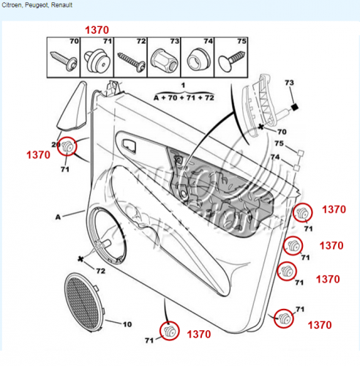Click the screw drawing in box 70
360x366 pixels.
click(64, 61)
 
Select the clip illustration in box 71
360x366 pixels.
click(97, 61)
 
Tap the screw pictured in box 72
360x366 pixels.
click(131, 62)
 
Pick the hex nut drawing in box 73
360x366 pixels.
click(164, 61)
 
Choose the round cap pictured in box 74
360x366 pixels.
click(198, 61)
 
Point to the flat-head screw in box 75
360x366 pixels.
click(231, 61)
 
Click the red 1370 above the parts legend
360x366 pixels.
click(97, 30)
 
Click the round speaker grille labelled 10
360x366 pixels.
click(83, 302)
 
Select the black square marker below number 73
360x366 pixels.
click(295, 107)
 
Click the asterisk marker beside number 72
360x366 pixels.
click(80, 259)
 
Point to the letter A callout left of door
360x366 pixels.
click(58, 217)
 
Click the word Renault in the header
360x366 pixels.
click(61, 5)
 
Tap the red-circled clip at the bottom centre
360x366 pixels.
click(169, 331)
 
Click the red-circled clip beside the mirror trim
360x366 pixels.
click(67, 146)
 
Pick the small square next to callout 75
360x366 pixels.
click(301, 153)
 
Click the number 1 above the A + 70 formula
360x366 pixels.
click(183, 85)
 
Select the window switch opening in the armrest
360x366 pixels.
click(129, 146)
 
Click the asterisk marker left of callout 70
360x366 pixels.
click(261, 127)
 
